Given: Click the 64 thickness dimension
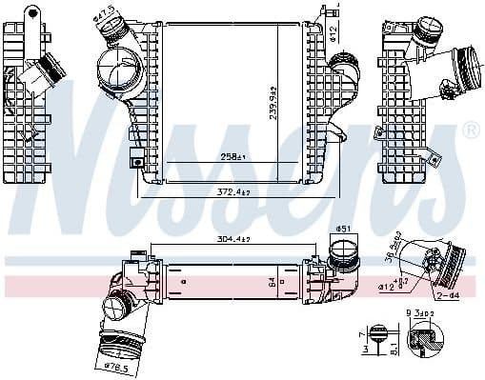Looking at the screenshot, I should coord(272,281).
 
